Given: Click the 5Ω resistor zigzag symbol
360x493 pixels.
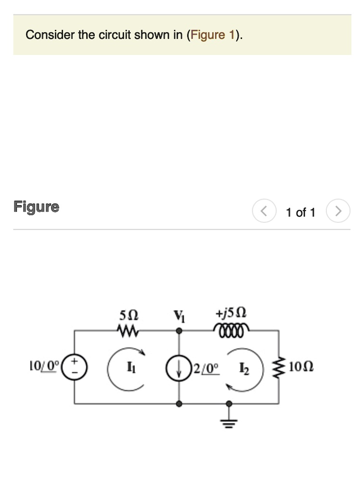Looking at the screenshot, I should (128, 331).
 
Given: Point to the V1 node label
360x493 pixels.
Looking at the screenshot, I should (179, 317).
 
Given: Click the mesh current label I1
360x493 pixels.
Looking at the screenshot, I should (130, 368).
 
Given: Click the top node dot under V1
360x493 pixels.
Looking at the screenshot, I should (179, 331).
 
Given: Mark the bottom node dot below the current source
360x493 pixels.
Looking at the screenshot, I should (179, 403).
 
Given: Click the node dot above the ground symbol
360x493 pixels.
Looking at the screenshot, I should (229, 403).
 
